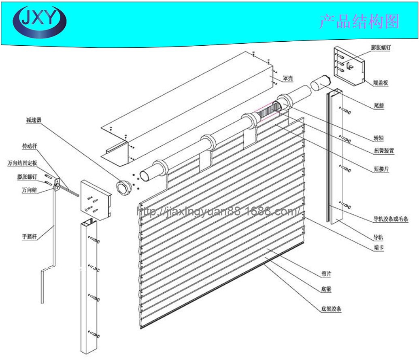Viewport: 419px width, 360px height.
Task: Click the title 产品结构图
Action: (x=359, y=21)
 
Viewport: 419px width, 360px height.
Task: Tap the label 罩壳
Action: (x=288, y=79)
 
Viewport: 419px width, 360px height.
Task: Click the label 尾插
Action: (x=379, y=106)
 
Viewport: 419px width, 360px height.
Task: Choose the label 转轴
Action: (x=379, y=138)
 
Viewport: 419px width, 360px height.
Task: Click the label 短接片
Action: (x=381, y=169)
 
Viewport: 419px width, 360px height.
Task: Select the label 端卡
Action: (x=379, y=247)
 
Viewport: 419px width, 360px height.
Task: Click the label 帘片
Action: (x=326, y=274)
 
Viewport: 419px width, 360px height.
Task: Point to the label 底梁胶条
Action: (x=332, y=309)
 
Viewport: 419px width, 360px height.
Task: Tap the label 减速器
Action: (x=34, y=120)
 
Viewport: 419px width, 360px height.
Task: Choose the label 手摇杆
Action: (x=29, y=236)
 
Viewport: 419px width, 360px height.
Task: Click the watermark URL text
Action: (x=219, y=211)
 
